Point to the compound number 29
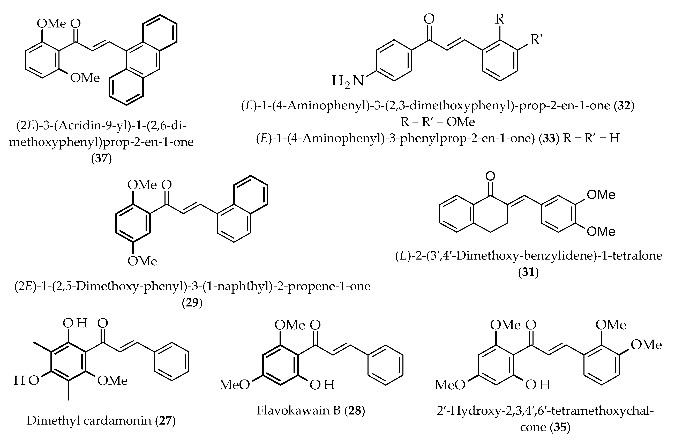192,303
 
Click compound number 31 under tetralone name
528,272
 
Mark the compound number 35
560,435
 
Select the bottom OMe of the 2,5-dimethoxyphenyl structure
142,261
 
